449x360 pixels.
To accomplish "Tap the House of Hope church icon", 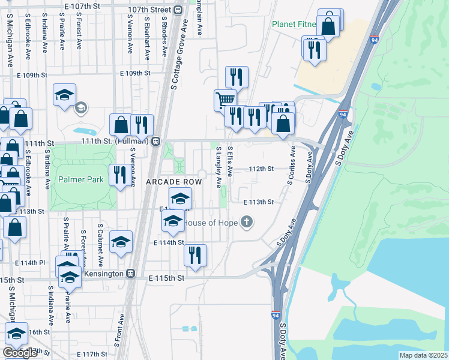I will click(x=246, y=223).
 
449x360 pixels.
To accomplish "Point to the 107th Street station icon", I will click(x=178, y=10).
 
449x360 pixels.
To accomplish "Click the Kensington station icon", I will click(x=130, y=273).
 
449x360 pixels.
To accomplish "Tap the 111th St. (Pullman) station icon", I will click(x=155, y=141).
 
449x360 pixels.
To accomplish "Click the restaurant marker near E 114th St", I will click(x=195, y=254).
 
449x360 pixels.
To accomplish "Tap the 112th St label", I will click(x=262, y=169).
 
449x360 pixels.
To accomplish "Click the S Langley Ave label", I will click(x=218, y=166).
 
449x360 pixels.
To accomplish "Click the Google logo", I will click(x=20, y=353).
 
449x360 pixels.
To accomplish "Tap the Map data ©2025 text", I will click(x=423, y=355).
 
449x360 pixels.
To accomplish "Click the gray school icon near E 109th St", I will click(x=80, y=108).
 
